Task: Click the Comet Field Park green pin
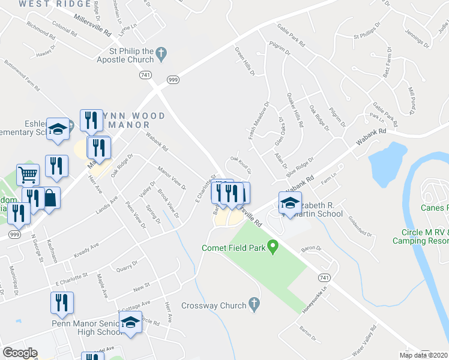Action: (273, 246)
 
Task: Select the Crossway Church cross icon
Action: (255, 305)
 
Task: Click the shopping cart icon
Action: (28, 175)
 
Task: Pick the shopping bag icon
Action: (51, 198)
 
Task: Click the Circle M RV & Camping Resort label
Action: (420, 236)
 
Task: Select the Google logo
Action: (20, 353)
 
